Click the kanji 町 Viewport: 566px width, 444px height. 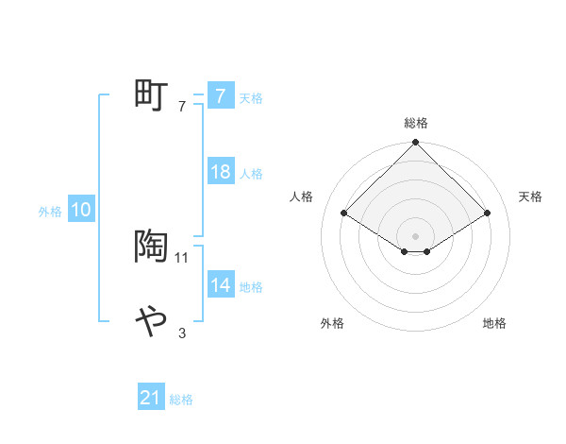coord(151,95)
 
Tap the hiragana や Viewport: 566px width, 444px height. coord(151,321)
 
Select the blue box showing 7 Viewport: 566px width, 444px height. coord(220,96)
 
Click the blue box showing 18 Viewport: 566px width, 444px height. coord(220,172)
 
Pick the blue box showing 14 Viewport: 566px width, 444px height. coord(220,285)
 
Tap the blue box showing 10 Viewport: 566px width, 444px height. coord(81,211)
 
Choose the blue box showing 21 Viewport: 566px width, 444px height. coord(151,399)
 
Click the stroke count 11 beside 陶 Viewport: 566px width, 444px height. coord(183,257)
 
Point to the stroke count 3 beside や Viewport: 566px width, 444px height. coord(182,333)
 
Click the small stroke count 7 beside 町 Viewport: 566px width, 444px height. coord(182,106)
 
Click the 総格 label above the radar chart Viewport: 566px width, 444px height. coord(416,123)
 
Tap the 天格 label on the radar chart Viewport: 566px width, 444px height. coord(530,196)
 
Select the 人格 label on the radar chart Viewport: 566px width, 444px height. coord(301,196)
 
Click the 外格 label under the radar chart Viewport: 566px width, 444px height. coord(332,323)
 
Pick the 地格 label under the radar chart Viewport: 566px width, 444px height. coord(494,323)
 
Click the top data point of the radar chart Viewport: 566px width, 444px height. coord(416,144)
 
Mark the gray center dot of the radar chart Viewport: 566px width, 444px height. coord(416,235)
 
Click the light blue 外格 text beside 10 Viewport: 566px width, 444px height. coord(50,212)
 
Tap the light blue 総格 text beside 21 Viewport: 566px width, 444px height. coord(181,400)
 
